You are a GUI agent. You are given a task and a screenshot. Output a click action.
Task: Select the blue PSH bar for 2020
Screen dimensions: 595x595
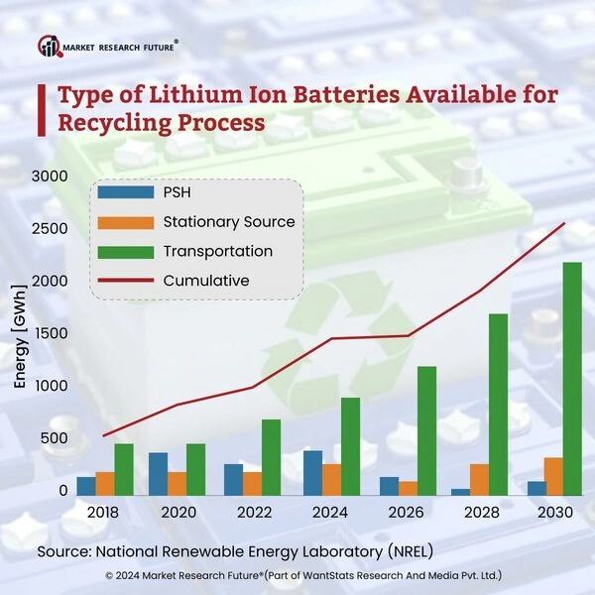click(x=158, y=472)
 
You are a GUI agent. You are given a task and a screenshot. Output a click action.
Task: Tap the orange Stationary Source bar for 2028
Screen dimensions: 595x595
click(x=478, y=478)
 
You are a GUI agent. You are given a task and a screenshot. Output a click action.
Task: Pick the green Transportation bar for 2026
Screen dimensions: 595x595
click(x=428, y=429)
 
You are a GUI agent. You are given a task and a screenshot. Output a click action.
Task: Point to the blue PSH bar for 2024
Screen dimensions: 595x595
click(x=312, y=471)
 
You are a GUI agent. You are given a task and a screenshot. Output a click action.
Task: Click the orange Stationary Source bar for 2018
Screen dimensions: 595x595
click(x=104, y=482)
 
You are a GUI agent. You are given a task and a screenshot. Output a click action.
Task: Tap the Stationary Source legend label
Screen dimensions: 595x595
click(x=229, y=222)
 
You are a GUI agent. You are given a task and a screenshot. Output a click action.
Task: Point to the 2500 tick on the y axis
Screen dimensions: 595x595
click(x=50, y=229)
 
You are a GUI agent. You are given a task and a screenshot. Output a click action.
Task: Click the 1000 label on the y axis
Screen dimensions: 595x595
click(x=50, y=386)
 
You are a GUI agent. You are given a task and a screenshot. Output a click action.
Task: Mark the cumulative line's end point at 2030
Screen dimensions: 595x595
click(x=564, y=223)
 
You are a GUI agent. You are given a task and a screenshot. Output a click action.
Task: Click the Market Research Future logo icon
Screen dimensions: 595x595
click(x=49, y=46)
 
